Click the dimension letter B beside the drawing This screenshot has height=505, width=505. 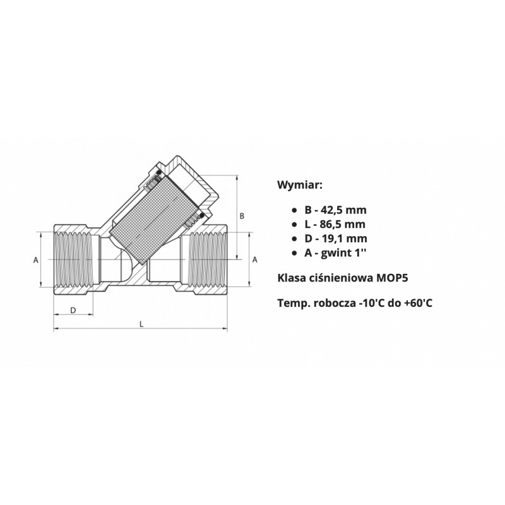(242, 216)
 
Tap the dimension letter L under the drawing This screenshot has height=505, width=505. (141, 324)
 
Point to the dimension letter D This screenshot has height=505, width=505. (73, 310)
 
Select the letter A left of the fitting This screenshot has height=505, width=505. (36, 259)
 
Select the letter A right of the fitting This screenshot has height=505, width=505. (255, 259)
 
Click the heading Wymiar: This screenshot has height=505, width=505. (299, 185)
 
